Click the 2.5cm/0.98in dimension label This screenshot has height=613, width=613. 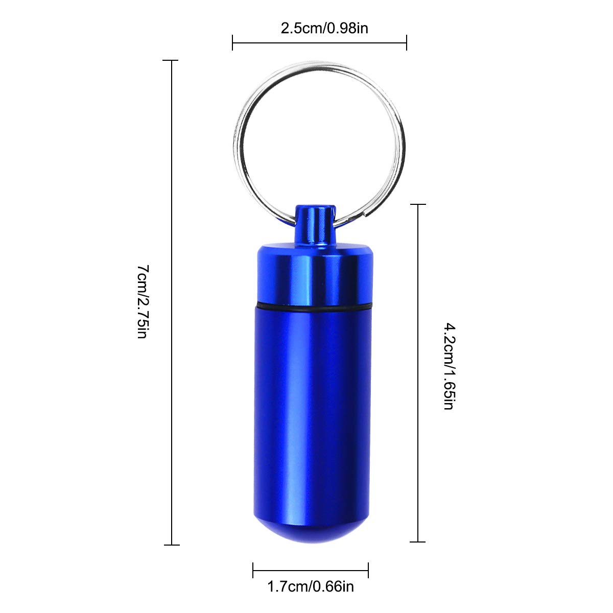pyautogui.click(x=324, y=29)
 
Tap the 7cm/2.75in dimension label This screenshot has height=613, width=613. pyautogui.click(x=142, y=301)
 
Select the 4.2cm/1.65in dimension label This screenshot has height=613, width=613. pyautogui.click(x=450, y=366)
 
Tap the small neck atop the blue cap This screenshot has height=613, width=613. pyautogui.click(x=315, y=224)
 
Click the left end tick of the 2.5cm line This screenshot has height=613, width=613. pyautogui.click(x=232, y=42)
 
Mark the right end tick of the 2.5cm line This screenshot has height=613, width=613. pyautogui.click(x=406, y=42)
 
